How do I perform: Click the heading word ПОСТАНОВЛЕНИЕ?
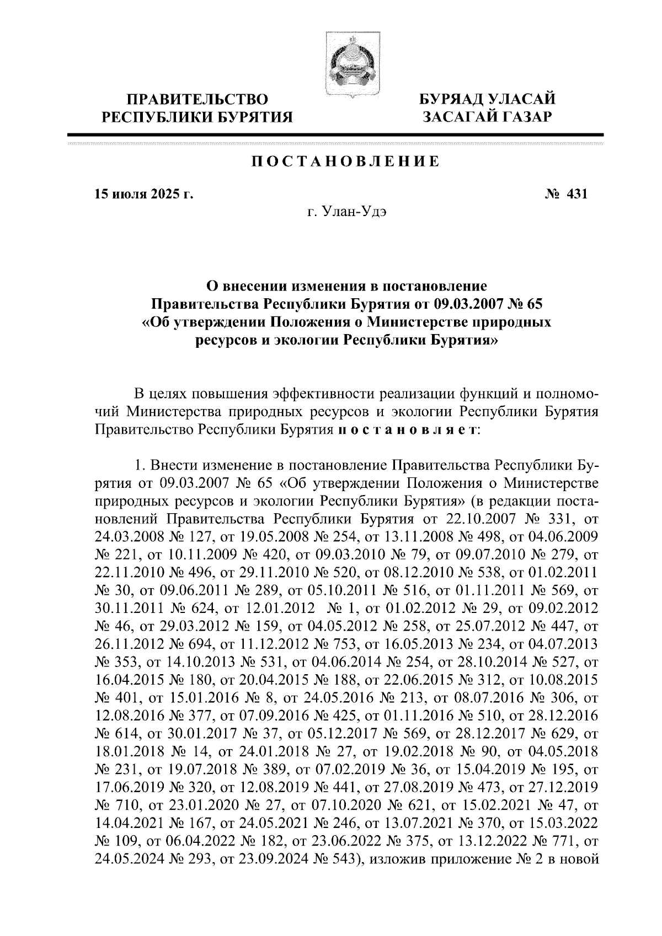346,162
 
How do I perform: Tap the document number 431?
576,194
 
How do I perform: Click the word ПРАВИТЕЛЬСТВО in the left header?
198,100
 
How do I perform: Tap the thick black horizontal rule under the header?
335,135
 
